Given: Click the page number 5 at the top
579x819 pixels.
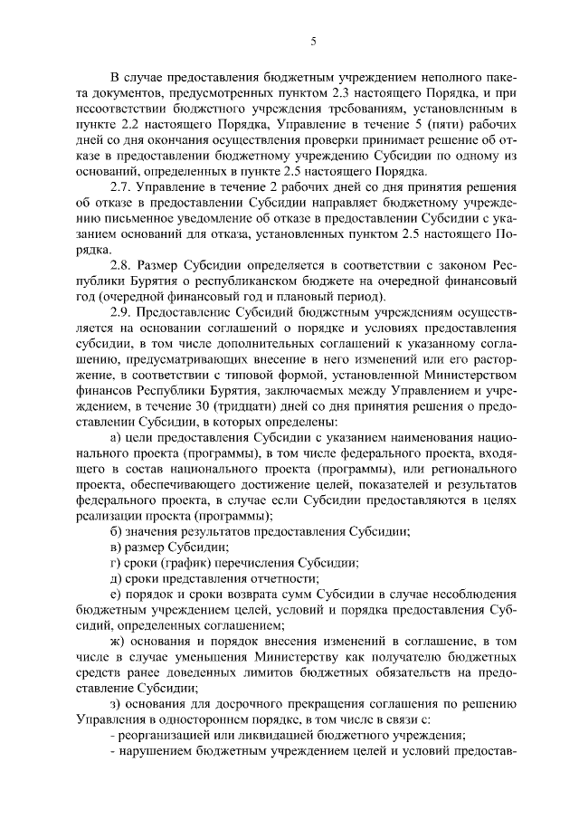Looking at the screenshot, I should [312, 42].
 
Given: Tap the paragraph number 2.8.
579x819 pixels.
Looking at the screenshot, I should [119, 263].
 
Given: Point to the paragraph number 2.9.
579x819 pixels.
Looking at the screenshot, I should [119, 311].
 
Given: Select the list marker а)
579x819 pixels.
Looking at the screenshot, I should [114, 438].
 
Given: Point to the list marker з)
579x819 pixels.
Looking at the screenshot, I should [114, 705].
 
